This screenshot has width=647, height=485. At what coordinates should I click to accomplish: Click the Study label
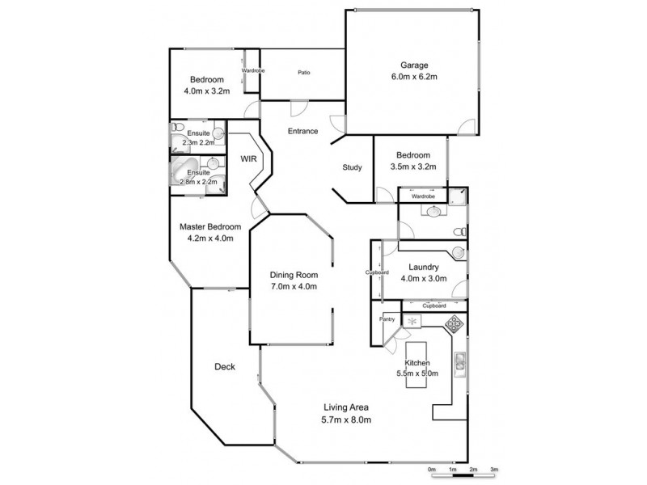point(352,167)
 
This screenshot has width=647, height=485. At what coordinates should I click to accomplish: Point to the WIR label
point(248,159)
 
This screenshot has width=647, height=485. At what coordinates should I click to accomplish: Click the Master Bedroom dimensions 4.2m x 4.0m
point(206,238)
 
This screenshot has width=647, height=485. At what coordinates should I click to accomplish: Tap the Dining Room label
point(294,274)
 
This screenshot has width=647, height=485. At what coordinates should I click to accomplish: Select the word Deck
point(225,367)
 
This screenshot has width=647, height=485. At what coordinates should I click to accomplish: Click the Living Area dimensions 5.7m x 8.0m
point(346,420)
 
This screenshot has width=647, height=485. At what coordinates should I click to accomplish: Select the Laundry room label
point(424,268)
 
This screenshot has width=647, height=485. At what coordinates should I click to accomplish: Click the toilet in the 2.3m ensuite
point(176,131)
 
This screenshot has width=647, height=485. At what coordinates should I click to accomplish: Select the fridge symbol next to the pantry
point(413,321)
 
